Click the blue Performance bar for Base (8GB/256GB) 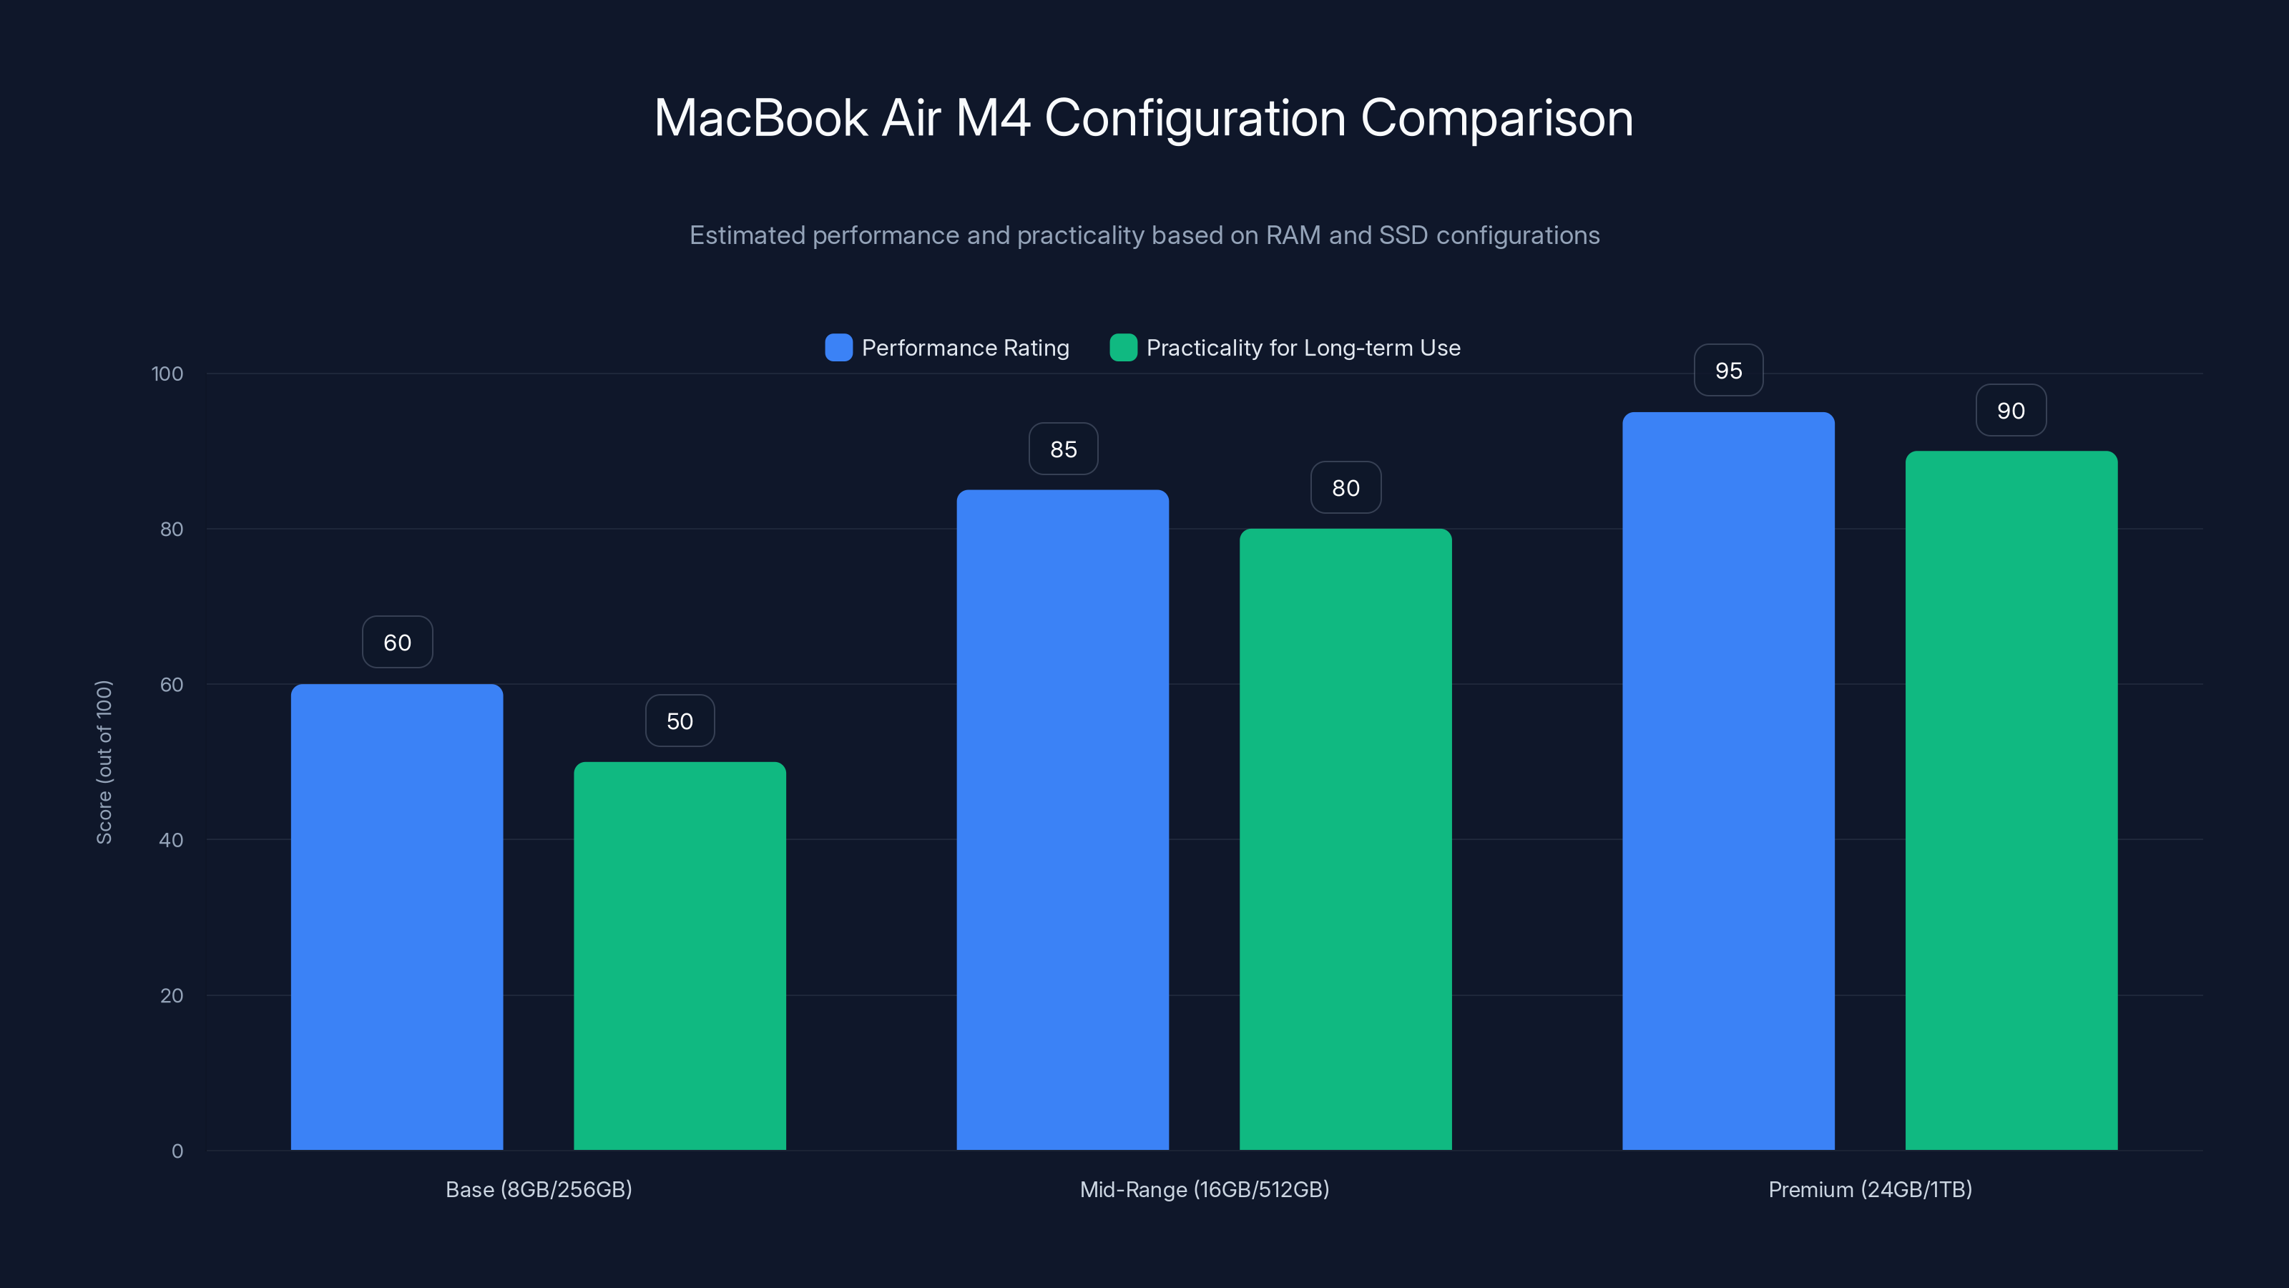point(396,916)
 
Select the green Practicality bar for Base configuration point(680,955)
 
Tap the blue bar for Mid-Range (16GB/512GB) point(1063,818)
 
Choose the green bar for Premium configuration point(2011,800)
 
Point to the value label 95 point(1728,371)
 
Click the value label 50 point(680,721)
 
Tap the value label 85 point(1063,449)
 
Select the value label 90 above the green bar point(2011,411)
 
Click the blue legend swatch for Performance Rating point(838,348)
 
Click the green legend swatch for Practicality point(1123,348)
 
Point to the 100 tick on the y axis point(167,374)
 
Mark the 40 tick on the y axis point(172,840)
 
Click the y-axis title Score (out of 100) point(104,762)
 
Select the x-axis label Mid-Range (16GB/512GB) point(1204,1189)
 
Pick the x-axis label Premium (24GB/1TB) point(1870,1189)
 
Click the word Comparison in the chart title point(1496,118)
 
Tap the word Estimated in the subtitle point(746,235)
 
